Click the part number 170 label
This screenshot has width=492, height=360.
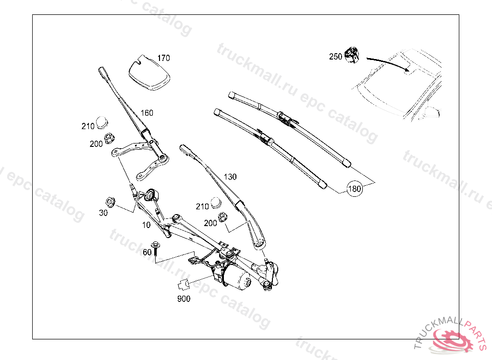point(163,58)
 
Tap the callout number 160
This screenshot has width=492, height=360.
point(147,113)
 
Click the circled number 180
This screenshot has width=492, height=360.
point(355,189)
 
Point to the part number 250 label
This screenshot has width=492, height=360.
point(335,57)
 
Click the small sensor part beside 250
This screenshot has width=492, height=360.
point(353,55)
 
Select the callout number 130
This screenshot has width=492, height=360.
point(230,177)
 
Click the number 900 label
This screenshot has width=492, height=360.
point(184,299)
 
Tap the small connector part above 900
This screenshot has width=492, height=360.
point(184,285)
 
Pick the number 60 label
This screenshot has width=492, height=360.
point(147,252)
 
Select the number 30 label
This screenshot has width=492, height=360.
point(103,213)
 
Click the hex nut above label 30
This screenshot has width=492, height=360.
point(110,201)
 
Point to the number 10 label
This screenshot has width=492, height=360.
point(146,224)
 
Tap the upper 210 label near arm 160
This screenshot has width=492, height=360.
point(87,126)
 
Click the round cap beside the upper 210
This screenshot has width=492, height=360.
point(102,122)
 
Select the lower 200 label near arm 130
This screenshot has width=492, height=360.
point(210,223)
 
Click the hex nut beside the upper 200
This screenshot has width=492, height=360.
point(109,137)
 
